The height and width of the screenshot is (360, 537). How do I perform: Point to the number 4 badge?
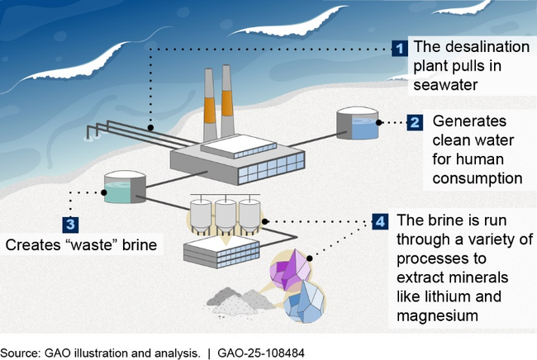pos(379,222)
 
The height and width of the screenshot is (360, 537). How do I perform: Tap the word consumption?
pos(478,177)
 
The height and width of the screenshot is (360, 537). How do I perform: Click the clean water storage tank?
pos(357,123)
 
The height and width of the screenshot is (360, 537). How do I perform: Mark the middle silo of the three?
pos(226,216)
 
